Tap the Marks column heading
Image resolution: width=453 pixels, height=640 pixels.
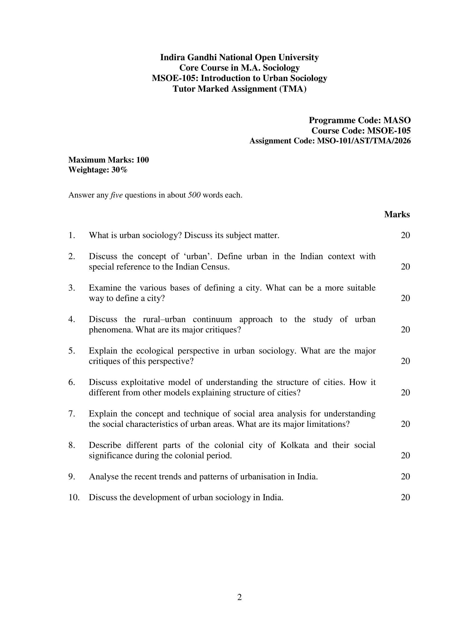(x=397, y=214)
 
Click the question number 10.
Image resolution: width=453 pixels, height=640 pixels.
(x=74, y=497)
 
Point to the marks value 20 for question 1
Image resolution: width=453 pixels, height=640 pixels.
(x=405, y=235)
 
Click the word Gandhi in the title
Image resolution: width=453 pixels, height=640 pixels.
(x=202, y=57)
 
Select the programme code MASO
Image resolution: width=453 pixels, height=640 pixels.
(x=397, y=120)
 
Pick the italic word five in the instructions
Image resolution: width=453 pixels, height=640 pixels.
(x=117, y=195)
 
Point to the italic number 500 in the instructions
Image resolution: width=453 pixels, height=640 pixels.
(x=194, y=195)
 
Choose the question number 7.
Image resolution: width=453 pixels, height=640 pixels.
(x=72, y=414)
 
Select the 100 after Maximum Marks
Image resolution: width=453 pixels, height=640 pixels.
(x=143, y=160)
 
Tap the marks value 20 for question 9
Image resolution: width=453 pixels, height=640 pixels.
(x=405, y=477)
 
